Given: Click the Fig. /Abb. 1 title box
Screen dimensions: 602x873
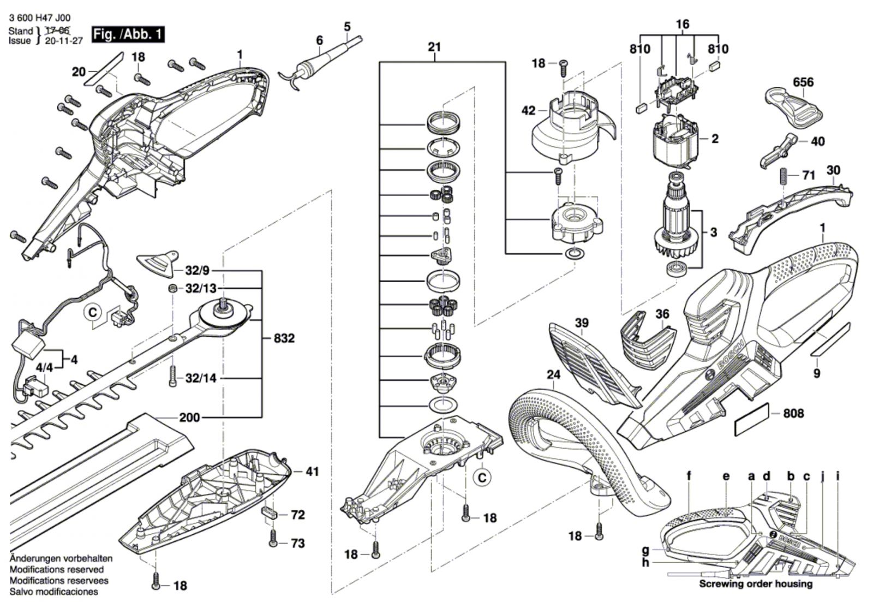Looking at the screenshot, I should click(128, 34).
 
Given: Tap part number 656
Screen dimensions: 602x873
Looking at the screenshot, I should click(803, 82).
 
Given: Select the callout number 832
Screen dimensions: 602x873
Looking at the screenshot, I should click(284, 338).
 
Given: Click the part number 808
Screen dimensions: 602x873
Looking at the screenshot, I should click(793, 413).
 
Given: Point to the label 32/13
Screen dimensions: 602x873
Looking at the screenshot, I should click(200, 288).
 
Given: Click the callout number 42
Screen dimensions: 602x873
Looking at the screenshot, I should click(528, 111).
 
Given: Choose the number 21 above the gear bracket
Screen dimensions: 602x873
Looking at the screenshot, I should click(434, 47).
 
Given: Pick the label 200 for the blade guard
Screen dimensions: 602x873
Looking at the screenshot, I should click(189, 418).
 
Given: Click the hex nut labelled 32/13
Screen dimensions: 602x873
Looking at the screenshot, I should click(171, 288).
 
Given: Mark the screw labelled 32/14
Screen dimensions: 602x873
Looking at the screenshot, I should click(173, 377).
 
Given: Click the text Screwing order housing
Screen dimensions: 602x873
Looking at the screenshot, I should click(756, 584).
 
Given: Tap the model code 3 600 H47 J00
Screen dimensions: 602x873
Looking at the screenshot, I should click(40, 18).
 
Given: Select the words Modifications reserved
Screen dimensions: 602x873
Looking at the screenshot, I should click(56, 570).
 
